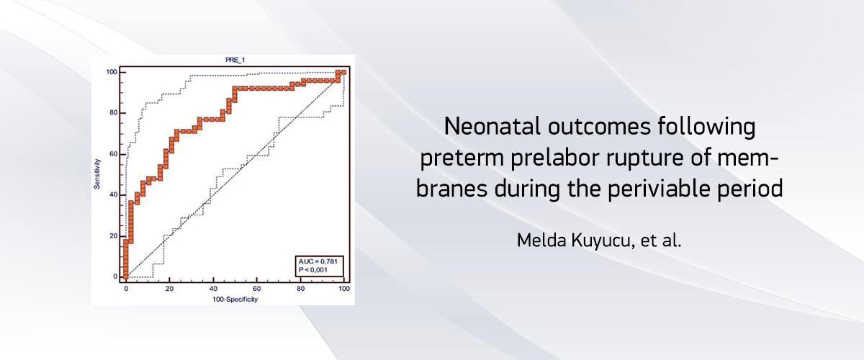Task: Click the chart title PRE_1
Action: point(235,60)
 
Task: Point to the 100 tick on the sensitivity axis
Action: point(112,72)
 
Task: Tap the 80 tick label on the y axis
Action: point(113,113)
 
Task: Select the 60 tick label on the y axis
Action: point(113,154)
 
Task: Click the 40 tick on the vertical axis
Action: point(113,195)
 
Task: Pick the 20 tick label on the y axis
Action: point(113,235)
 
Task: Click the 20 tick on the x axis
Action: point(169,289)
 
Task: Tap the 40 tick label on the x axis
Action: point(213,289)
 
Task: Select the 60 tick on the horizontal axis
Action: point(257,289)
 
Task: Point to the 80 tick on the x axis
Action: point(300,289)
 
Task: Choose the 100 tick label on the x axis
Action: point(344,289)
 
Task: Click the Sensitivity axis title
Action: point(97,174)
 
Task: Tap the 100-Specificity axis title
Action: point(235,300)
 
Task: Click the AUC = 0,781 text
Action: point(318,261)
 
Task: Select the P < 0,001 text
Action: point(312,270)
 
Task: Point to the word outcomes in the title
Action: point(599,127)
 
